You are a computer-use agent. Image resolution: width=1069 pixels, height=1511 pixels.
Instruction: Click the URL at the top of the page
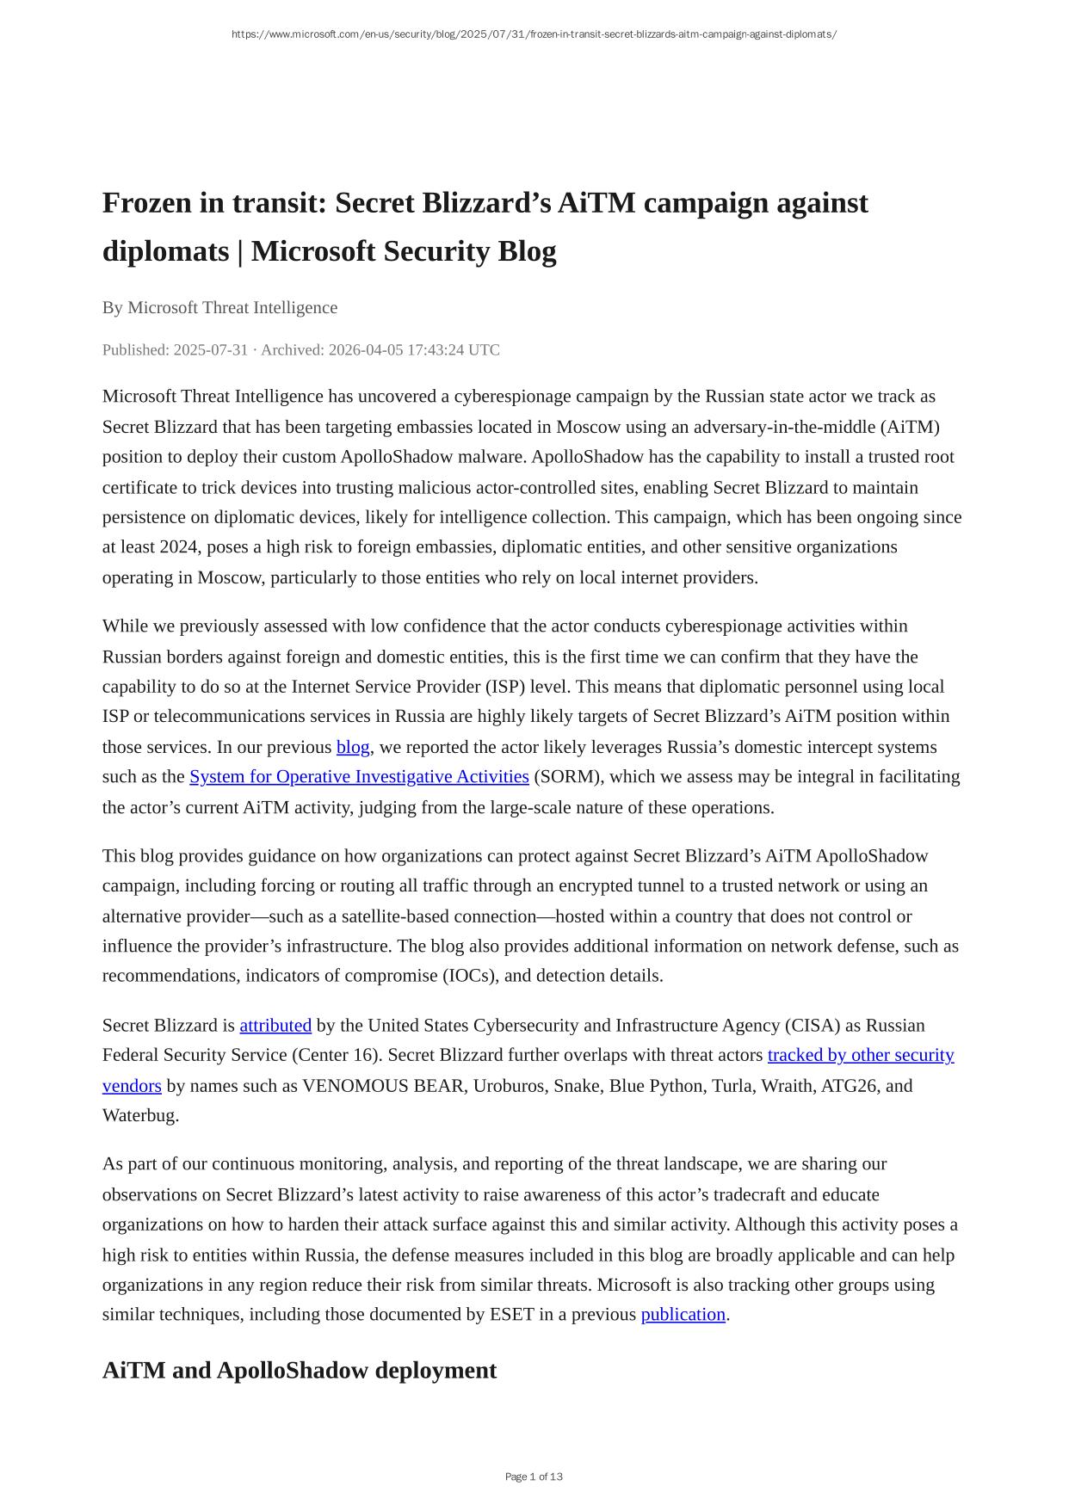click(x=534, y=34)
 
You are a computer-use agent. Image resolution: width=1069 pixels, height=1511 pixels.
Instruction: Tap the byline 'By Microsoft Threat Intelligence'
click(x=219, y=307)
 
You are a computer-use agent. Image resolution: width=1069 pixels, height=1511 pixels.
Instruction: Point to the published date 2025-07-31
click(x=210, y=349)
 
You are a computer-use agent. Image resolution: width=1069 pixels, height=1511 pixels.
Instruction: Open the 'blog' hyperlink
click(x=353, y=747)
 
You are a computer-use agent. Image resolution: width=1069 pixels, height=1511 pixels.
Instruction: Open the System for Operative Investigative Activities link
click(x=359, y=777)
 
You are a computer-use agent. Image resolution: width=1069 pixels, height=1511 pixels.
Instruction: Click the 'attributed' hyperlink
click(x=275, y=1026)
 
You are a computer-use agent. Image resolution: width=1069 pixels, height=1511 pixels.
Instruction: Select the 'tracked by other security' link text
click(x=861, y=1055)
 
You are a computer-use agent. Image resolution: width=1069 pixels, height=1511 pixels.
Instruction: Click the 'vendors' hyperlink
click(x=132, y=1086)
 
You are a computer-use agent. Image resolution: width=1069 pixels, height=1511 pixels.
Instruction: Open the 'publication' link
click(x=683, y=1315)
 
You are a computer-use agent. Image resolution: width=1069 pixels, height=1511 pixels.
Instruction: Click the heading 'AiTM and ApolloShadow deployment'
click(x=300, y=1370)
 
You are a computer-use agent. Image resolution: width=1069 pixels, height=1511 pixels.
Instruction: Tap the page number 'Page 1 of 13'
click(x=534, y=1477)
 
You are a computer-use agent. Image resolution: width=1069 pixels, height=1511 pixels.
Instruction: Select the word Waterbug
click(x=139, y=1116)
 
